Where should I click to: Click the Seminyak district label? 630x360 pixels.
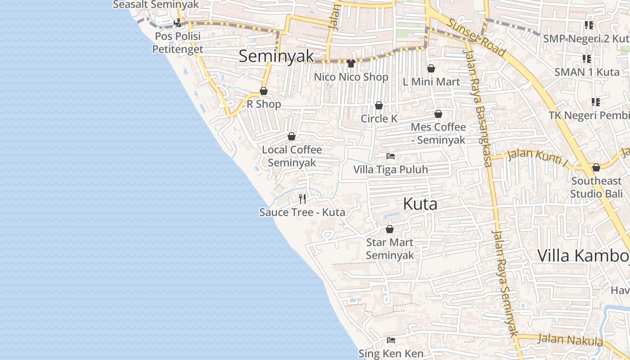276,56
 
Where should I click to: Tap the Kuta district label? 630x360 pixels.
420,204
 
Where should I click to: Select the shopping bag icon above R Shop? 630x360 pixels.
264,91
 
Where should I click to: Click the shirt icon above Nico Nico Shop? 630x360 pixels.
351,63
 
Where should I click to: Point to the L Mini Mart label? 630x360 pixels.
431,81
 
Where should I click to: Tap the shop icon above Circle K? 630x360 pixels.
379,105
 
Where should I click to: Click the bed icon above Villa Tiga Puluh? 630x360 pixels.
391,156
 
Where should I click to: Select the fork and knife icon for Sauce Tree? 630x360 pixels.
302,198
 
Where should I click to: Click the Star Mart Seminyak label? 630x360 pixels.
390,249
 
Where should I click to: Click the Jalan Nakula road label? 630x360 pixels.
570,339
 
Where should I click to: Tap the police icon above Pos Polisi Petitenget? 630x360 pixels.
178,22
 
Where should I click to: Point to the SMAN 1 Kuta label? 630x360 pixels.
587,72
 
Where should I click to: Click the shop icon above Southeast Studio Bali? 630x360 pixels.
596,168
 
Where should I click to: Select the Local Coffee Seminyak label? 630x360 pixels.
292,156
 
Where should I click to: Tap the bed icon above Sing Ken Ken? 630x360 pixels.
391,340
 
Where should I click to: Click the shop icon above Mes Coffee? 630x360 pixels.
438,114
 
